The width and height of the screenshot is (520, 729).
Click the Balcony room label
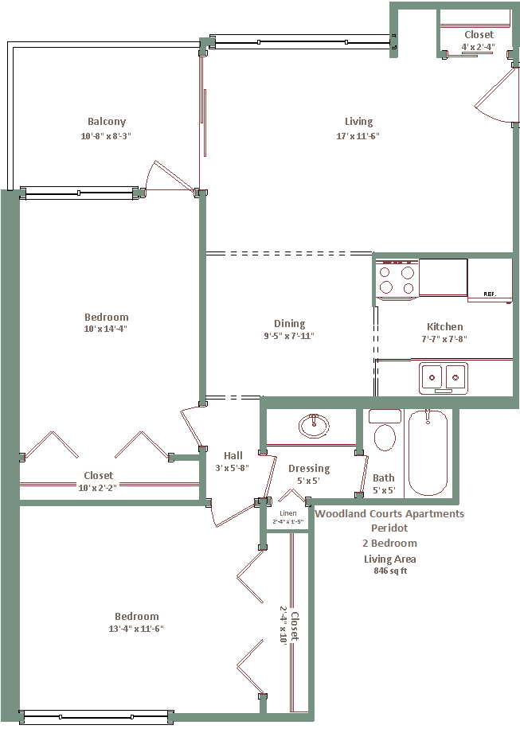click(107, 121)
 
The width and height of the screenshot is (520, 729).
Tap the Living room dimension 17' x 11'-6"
click(358, 136)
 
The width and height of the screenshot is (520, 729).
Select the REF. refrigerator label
click(490, 294)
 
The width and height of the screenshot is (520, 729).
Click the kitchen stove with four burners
click(397, 280)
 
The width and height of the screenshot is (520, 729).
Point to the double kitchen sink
click(444, 378)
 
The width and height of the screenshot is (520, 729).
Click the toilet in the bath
click(385, 431)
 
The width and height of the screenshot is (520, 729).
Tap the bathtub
click(428, 453)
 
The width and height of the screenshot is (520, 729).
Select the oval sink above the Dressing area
click(314, 426)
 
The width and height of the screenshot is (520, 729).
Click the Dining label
click(289, 324)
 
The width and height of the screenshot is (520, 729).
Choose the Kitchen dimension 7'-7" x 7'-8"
click(444, 339)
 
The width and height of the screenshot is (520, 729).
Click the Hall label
click(233, 455)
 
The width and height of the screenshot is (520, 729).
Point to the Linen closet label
click(288, 513)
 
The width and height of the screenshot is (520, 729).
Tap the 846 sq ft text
click(390, 571)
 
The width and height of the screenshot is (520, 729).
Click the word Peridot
click(389, 528)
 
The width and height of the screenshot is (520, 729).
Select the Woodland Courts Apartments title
click(389, 514)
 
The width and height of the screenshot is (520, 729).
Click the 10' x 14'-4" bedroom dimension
click(106, 329)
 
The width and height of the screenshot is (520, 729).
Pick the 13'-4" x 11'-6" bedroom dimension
click(136, 629)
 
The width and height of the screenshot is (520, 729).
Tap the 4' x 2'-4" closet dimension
click(478, 46)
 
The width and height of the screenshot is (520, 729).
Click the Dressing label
click(309, 469)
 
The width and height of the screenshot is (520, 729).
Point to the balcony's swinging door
click(170, 177)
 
